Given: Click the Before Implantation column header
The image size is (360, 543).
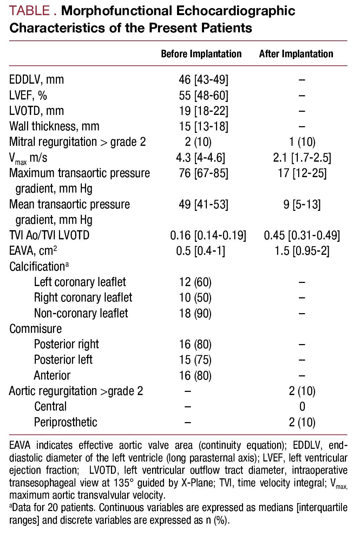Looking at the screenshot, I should pos(201,54).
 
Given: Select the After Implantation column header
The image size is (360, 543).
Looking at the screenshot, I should pos(296,54).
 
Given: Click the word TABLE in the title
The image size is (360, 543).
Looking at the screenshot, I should pos(30,11).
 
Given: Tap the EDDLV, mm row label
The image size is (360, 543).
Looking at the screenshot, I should pos(37,79).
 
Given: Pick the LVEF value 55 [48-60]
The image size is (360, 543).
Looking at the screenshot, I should pos(203,95).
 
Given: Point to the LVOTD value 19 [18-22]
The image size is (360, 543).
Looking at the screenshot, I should pos(203,111).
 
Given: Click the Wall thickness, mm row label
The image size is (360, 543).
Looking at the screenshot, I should pos(54,126).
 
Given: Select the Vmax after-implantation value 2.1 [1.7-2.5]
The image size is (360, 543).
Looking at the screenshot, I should pos(302,157).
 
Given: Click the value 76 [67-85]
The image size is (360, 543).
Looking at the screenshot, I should pos(203,173).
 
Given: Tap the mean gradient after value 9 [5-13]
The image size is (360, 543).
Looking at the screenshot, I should pos(302,204).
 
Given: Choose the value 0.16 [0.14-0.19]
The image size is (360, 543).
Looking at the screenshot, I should pos(208,235).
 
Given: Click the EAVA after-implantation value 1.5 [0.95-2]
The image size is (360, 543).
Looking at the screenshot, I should pos(302,251).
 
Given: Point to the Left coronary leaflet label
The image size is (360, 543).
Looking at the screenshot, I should pos(80,282).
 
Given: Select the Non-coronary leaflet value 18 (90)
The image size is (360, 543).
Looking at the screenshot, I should pos(195,313).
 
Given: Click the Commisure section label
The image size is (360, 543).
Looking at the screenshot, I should pos(35,329).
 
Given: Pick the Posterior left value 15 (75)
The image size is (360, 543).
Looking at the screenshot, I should pos(195,360).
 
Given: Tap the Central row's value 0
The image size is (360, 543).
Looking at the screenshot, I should pos(302,406).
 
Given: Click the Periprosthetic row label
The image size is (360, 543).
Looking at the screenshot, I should pos(65,422).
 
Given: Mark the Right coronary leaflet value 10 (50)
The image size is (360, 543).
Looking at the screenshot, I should pos(195,297).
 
